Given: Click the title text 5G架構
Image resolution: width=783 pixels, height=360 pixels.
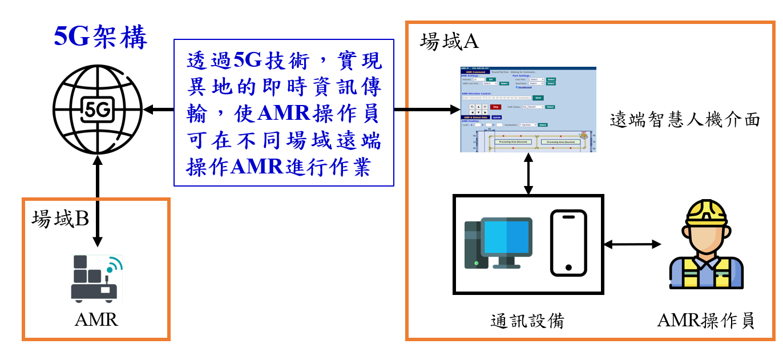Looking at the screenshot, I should [x=100, y=37].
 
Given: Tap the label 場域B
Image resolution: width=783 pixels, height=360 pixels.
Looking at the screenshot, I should [x=60, y=219].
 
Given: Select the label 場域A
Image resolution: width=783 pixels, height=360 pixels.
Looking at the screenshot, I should [x=449, y=42].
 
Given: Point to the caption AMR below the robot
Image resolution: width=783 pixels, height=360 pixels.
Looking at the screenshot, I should [x=96, y=320].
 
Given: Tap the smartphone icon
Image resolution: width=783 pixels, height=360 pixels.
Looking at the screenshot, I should [x=568, y=244].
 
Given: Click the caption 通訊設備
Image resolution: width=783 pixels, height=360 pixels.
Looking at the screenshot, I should [x=527, y=321].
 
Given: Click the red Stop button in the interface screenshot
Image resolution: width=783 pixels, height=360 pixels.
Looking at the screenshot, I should [x=495, y=107].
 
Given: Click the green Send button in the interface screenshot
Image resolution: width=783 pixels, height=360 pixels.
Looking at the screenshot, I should [x=538, y=98].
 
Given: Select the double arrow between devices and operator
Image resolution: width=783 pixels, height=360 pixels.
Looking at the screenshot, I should [x=632, y=244].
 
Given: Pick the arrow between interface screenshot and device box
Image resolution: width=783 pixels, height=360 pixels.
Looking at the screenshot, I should [x=528, y=173].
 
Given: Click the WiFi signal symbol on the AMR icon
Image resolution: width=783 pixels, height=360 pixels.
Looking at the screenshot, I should [x=115, y=265].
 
